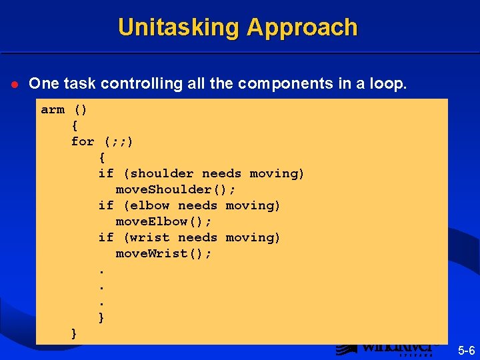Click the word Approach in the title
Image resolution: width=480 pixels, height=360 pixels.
click(302, 27)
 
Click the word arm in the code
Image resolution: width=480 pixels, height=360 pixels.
click(53, 109)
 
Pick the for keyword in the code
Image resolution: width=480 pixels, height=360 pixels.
click(83, 141)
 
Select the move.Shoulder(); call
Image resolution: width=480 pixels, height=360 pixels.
click(176, 189)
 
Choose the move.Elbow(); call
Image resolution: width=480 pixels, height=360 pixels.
click(163, 221)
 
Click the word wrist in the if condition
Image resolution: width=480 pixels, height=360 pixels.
click(150, 237)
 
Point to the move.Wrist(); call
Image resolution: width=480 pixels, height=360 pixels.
click(163, 253)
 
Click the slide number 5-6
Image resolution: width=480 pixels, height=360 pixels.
click(466, 349)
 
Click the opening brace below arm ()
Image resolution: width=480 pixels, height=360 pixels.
click(75, 125)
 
